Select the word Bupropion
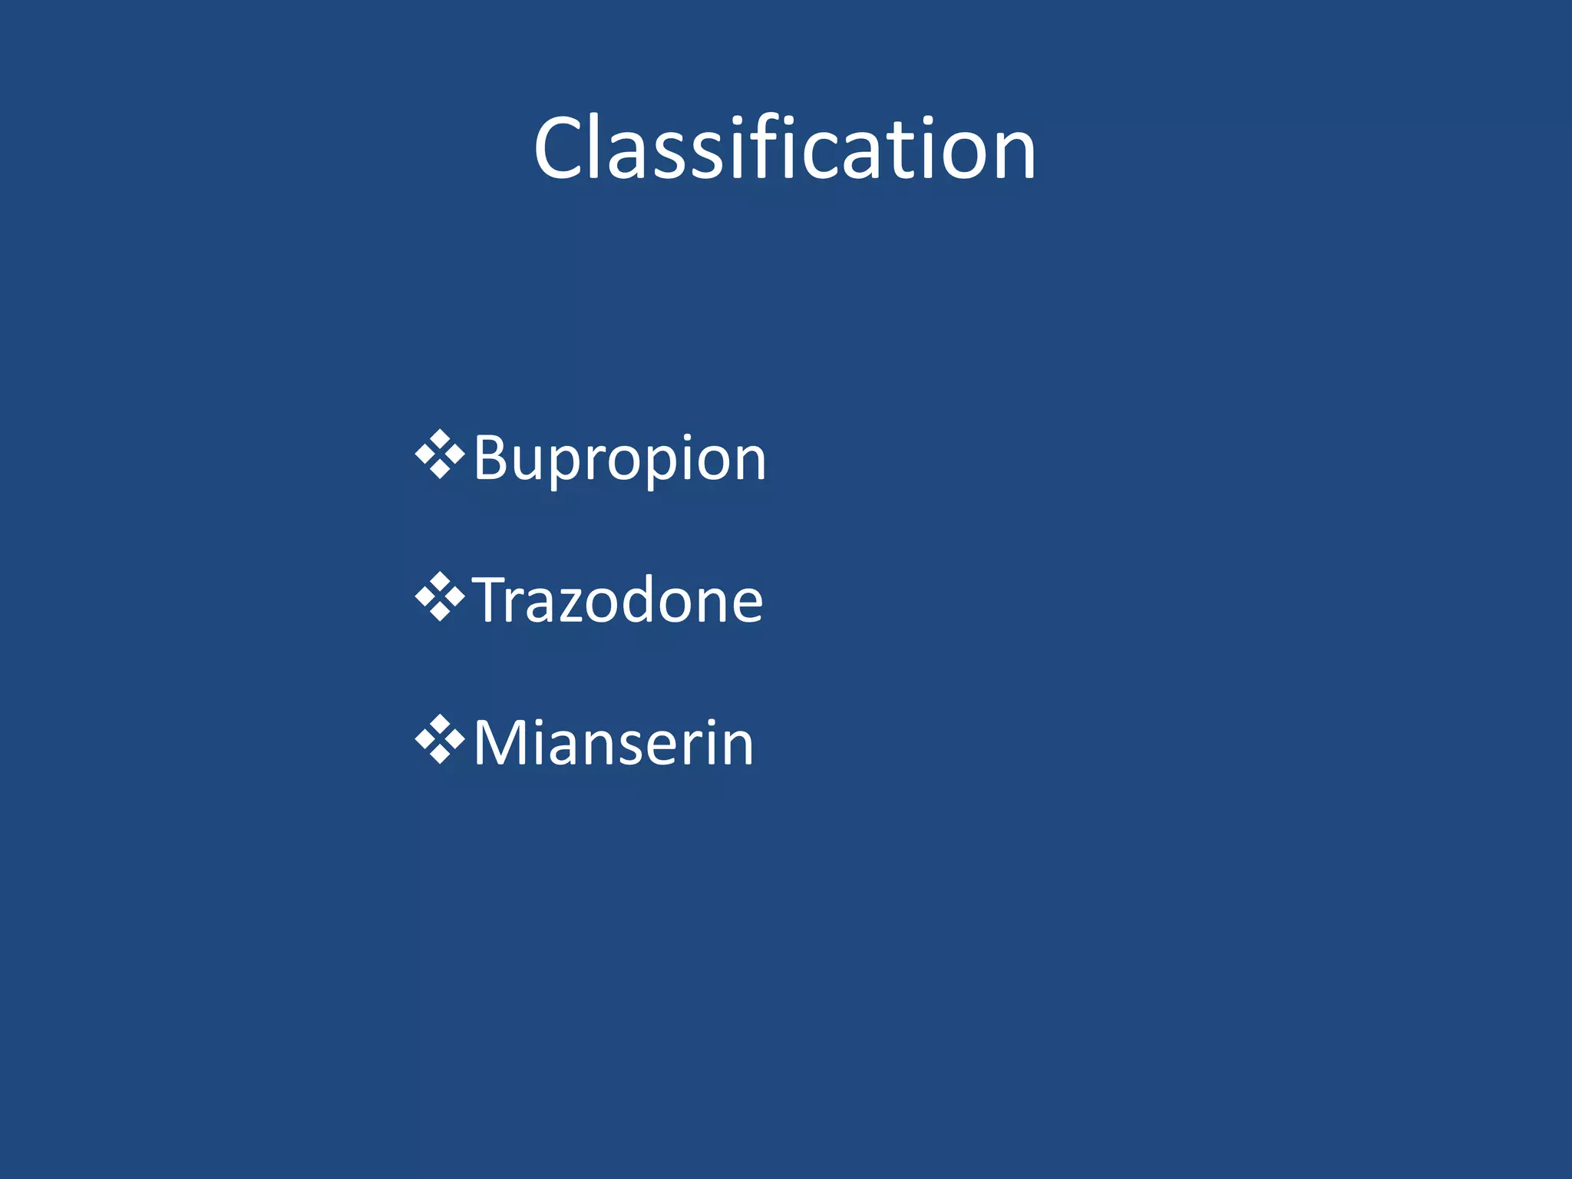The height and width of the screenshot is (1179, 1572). (620, 459)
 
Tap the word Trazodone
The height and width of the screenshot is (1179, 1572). (618, 600)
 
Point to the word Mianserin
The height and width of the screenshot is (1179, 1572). (614, 743)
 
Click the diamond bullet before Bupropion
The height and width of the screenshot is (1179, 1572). (440, 455)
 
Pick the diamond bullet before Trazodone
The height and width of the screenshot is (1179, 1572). (440, 596)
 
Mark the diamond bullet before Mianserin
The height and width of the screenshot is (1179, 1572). (440, 739)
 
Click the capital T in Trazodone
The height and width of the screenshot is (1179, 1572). (491, 600)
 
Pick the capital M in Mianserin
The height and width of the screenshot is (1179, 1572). (499, 743)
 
